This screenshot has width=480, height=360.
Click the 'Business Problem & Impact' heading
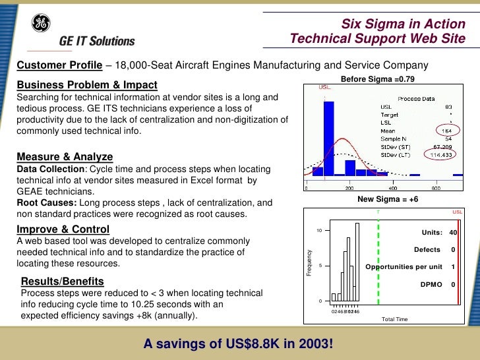(x=87, y=85)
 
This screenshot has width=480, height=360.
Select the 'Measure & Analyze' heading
(x=65, y=157)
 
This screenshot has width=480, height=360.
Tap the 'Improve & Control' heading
(x=63, y=229)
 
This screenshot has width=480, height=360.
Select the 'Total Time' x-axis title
(x=395, y=319)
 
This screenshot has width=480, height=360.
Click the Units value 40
(x=453, y=232)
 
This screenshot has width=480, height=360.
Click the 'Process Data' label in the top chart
(x=416, y=98)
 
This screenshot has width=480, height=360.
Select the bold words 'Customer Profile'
(x=59, y=65)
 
